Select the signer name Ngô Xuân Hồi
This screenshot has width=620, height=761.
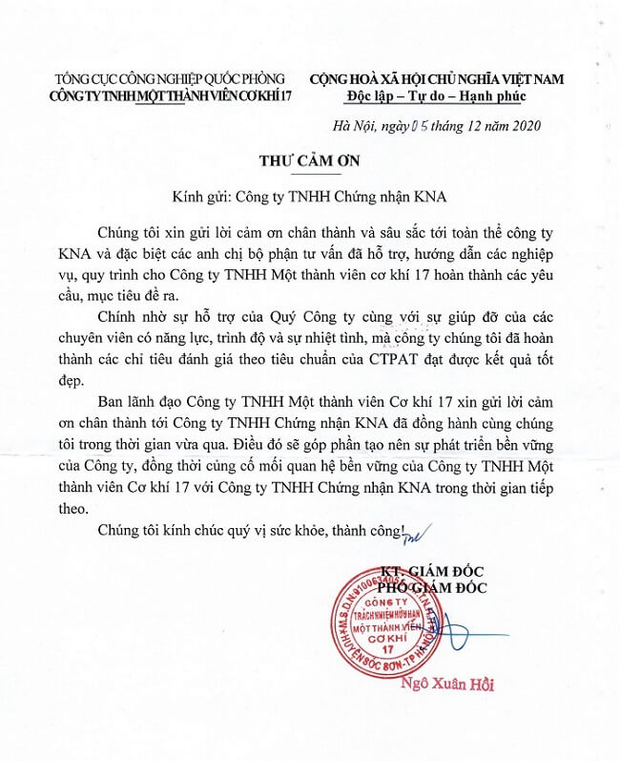point(462,685)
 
